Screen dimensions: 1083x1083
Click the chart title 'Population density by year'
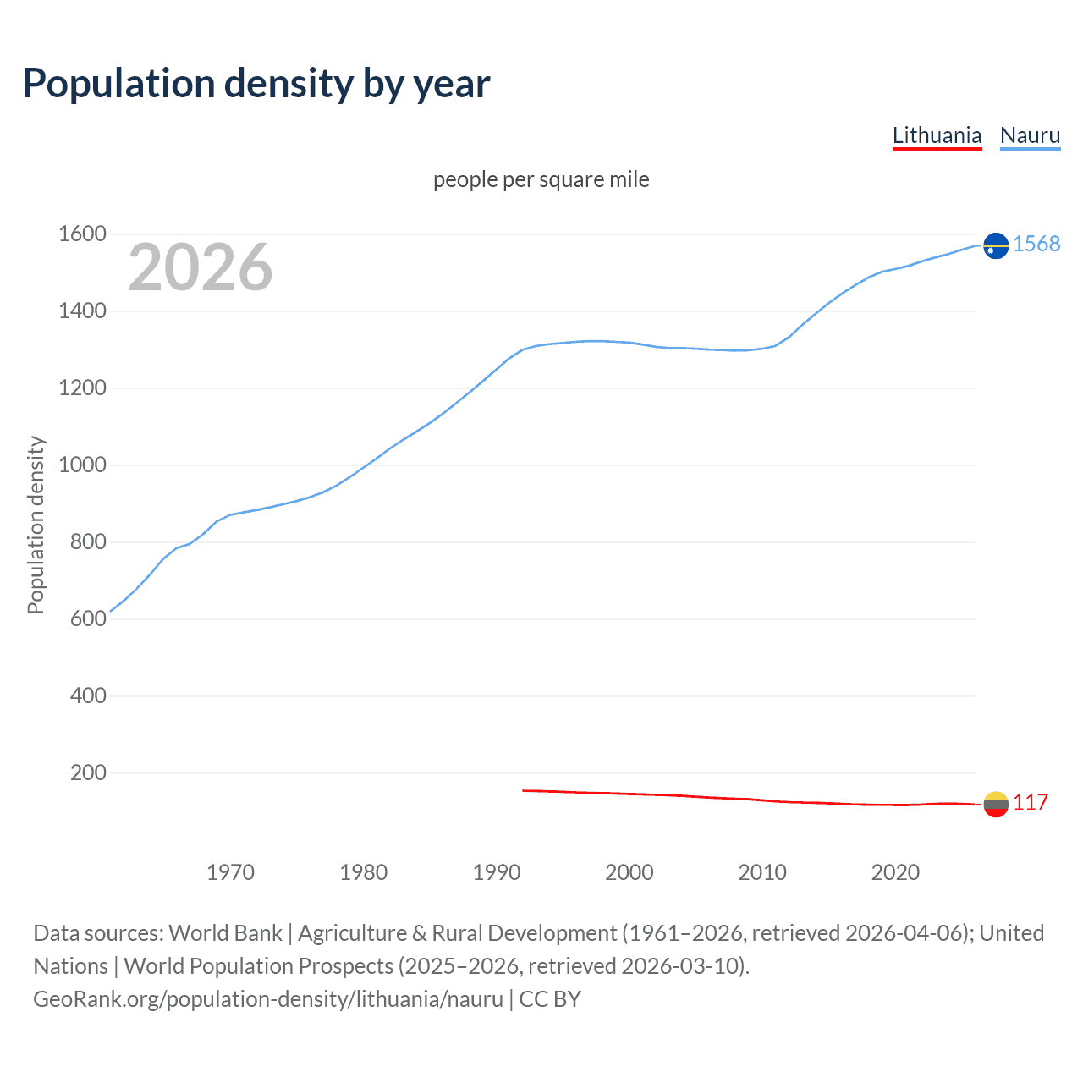click(x=256, y=84)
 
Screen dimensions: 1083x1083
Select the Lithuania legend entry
click(x=937, y=135)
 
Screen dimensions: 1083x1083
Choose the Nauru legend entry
click(x=1030, y=135)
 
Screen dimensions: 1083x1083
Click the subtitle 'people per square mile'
click(x=541, y=179)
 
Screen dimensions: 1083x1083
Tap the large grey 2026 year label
click(x=201, y=267)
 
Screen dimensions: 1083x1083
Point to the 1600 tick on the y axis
click(x=82, y=234)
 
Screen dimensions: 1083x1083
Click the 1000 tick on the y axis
click(x=82, y=465)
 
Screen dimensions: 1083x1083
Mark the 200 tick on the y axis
click(x=88, y=772)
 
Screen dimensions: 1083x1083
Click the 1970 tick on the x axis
click(x=230, y=872)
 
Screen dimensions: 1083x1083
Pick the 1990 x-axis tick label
click(x=497, y=872)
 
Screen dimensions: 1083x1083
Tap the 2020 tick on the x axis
click(x=895, y=872)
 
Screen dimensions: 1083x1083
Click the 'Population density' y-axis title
click(x=36, y=525)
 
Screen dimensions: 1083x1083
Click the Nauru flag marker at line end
click(x=996, y=245)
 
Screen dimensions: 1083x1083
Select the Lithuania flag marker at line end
click(x=996, y=803)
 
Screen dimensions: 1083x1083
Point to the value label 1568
click(x=1036, y=244)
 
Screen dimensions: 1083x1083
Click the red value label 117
click(x=1031, y=802)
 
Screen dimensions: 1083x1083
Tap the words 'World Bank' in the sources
click(x=225, y=933)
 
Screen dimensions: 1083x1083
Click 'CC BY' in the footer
click(x=550, y=999)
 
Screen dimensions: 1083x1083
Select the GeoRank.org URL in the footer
click(x=268, y=999)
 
